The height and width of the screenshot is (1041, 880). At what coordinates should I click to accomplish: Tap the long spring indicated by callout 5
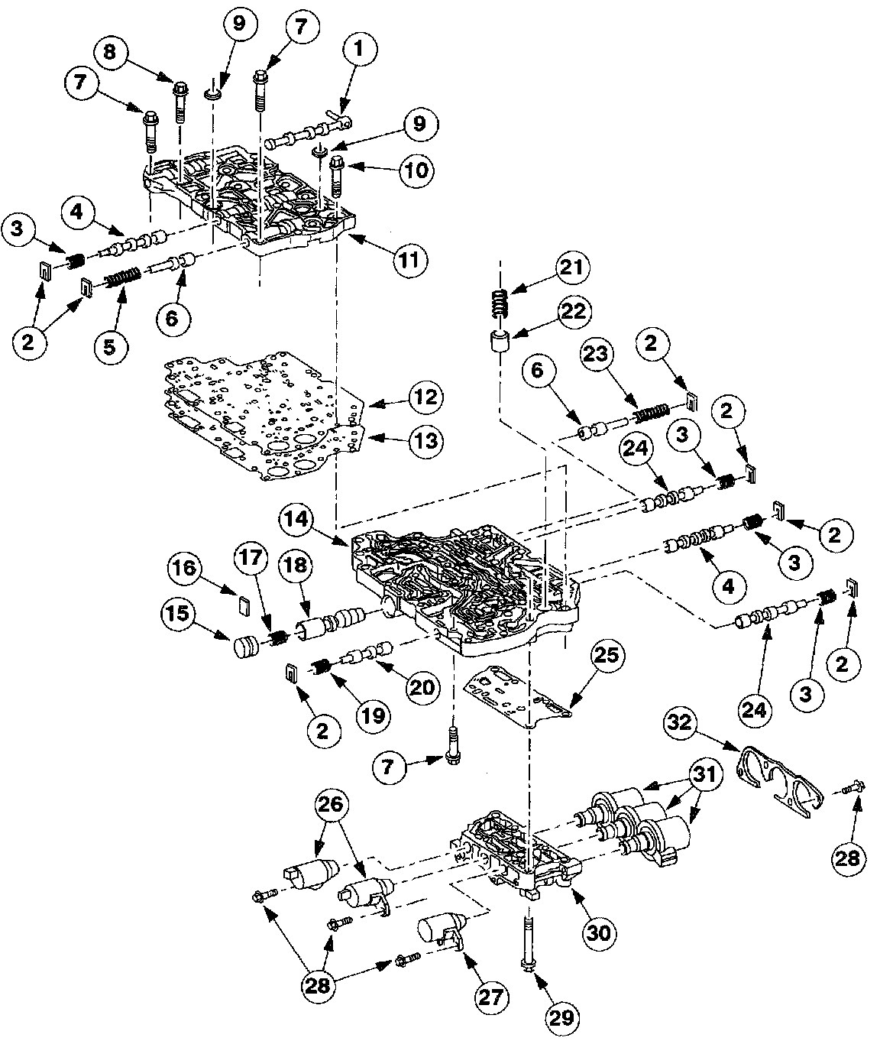point(122,277)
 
